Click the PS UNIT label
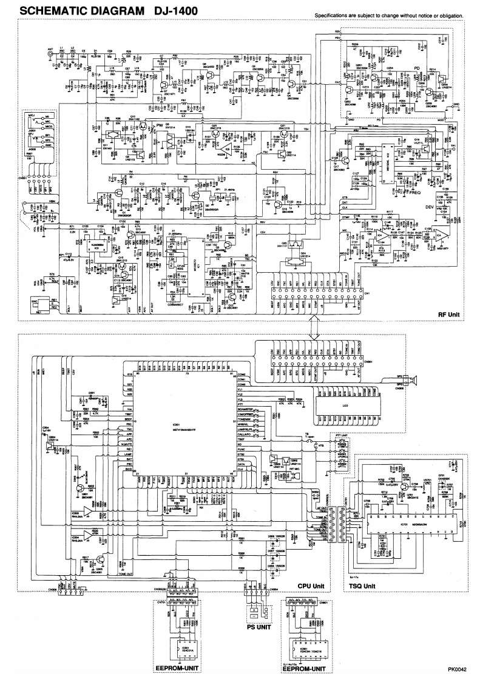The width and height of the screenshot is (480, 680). click(x=258, y=630)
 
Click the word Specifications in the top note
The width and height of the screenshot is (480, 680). click(x=333, y=15)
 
